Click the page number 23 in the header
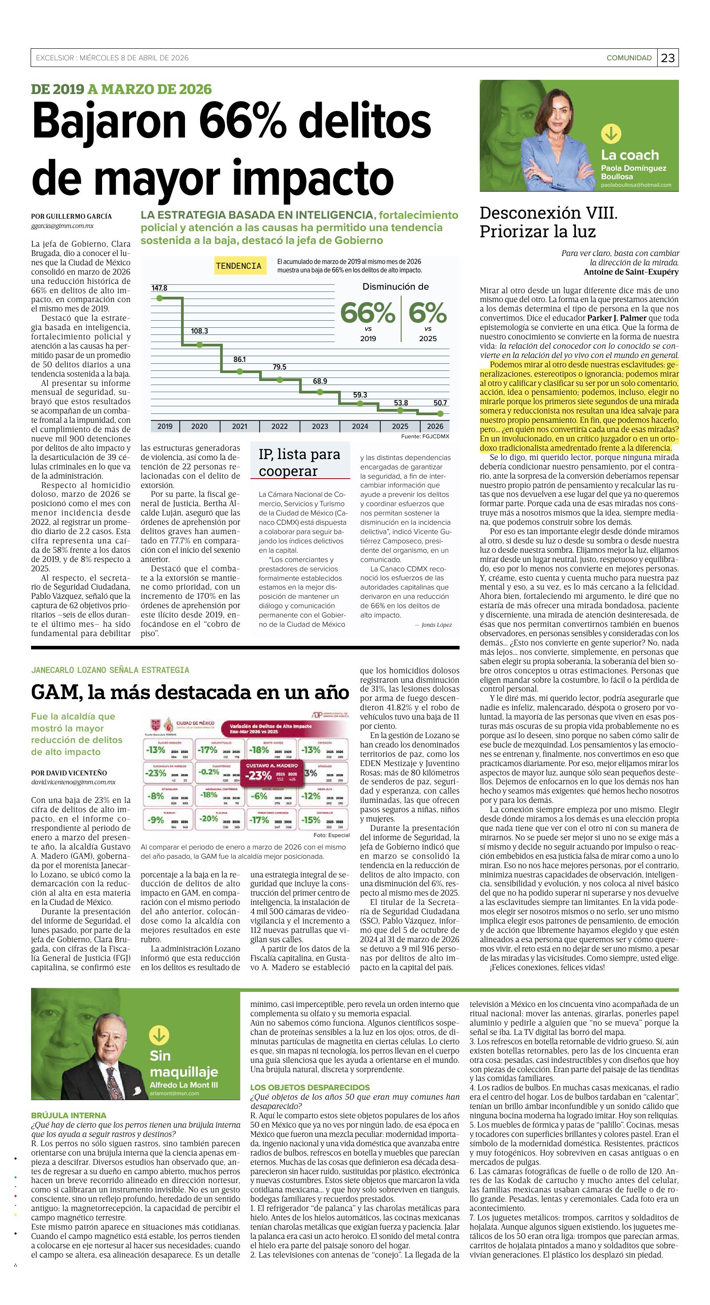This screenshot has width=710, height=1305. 668,58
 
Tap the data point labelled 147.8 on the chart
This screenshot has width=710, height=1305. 159,298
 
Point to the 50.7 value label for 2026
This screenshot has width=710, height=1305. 440,403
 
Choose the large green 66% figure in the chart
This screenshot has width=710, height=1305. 367,313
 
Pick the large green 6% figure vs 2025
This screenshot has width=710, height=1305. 427,313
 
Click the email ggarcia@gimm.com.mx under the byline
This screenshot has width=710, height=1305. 62,226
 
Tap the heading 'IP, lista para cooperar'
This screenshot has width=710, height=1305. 299,462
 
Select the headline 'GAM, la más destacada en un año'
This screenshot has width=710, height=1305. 190,692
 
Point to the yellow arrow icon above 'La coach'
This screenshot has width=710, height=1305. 611,134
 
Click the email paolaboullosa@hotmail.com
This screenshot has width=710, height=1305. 636,185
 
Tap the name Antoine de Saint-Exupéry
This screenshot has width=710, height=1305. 631,272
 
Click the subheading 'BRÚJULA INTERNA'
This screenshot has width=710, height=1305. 68,1115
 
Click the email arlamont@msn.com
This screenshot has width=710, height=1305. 174,1093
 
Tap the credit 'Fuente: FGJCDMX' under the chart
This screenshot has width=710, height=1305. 425,436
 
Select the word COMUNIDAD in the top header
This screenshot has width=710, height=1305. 629,58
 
